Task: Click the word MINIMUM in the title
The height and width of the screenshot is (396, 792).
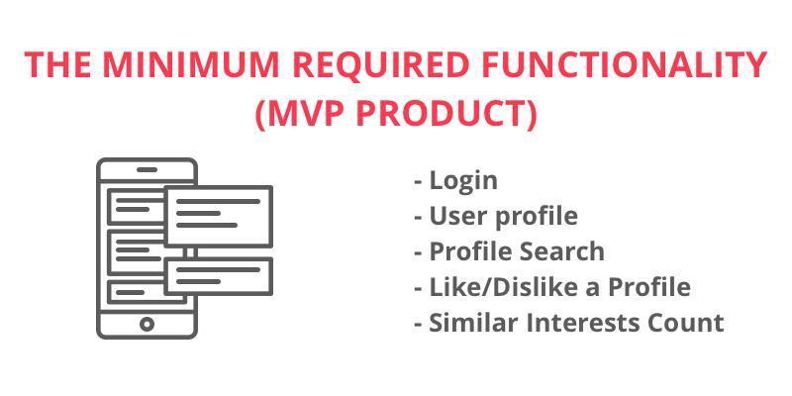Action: pyautogui.click(x=192, y=64)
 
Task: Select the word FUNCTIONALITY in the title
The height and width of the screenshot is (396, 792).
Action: pyautogui.click(x=625, y=64)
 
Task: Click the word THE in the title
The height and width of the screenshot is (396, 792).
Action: pyautogui.click(x=57, y=64)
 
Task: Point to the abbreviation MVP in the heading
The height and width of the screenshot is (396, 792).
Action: pyautogui.click(x=301, y=115)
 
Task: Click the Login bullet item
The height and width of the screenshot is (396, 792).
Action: pyautogui.click(x=463, y=181)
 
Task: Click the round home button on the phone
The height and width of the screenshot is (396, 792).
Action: pyautogui.click(x=147, y=324)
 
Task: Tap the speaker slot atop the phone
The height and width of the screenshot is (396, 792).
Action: pyautogui.click(x=147, y=169)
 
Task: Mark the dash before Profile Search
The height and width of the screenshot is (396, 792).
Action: pyautogui.click(x=418, y=252)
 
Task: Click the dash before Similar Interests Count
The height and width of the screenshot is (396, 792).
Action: pyautogui.click(x=418, y=324)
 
